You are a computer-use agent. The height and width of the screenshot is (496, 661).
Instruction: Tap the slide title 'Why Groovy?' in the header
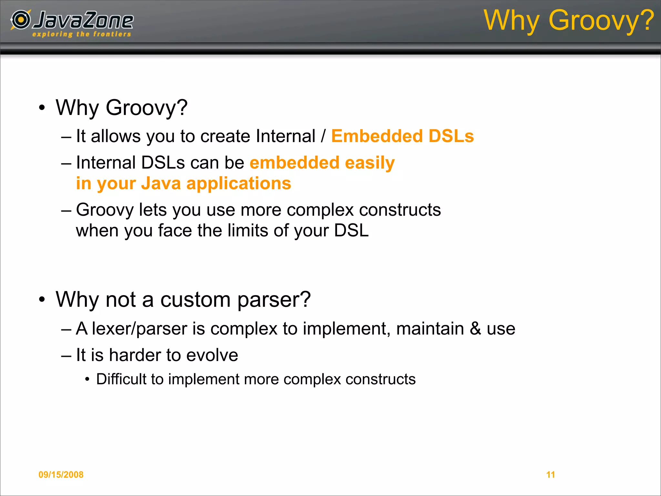click(569, 20)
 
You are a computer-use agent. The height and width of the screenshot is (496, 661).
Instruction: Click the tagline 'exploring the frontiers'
click(82, 34)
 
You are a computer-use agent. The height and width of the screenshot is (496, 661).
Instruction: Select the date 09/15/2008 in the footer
click(61, 475)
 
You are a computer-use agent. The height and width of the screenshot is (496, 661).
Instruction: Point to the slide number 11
click(551, 475)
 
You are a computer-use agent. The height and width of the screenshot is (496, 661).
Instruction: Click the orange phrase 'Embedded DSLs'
click(402, 136)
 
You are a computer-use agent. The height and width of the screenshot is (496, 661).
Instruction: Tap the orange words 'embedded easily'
click(322, 162)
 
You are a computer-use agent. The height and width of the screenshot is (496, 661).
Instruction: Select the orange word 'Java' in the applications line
click(161, 183)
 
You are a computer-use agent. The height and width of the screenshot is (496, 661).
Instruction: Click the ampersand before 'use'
click(475, 329)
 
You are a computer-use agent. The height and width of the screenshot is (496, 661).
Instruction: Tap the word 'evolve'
click(212, 355)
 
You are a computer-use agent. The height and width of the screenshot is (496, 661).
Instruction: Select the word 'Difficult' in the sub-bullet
click(121, 379)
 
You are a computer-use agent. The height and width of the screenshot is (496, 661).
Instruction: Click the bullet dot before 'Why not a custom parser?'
click(42, 299)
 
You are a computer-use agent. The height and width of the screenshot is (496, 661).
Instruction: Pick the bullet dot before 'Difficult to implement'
click(87, 379)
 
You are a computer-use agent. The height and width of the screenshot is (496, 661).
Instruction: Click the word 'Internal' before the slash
click(285, 136)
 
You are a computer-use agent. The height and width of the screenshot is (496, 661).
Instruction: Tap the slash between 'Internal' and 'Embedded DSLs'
click(323, 136)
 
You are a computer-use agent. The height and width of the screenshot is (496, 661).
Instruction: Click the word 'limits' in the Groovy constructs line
click(248, 231)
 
